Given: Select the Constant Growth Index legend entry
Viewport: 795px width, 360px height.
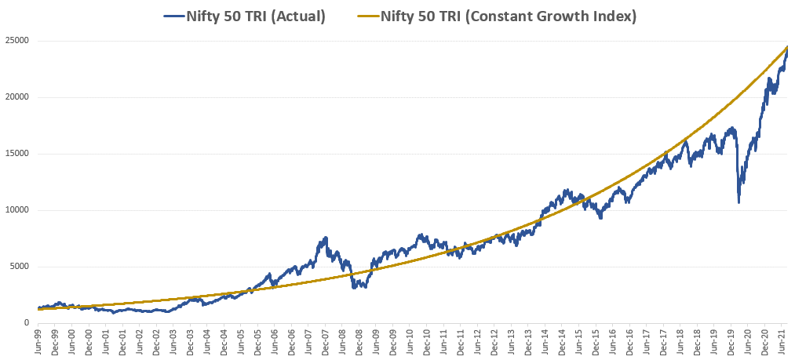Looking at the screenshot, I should point(508,15).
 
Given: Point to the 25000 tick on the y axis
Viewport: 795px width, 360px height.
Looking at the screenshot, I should point(18,41).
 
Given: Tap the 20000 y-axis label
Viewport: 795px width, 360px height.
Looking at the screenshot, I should point(18,97).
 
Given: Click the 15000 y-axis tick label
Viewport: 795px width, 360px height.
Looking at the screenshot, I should point(18,154).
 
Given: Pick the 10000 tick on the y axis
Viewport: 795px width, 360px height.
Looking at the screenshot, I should point(18,210).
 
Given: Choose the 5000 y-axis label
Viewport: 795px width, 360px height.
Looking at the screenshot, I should point(20,267).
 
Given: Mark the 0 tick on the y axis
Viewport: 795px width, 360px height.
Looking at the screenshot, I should point(26,323).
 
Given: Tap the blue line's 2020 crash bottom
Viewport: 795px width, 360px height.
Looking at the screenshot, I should point(738,203).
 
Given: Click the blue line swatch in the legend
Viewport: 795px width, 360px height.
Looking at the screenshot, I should point(172,15).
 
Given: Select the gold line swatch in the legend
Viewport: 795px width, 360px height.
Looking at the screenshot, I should point(367,15).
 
